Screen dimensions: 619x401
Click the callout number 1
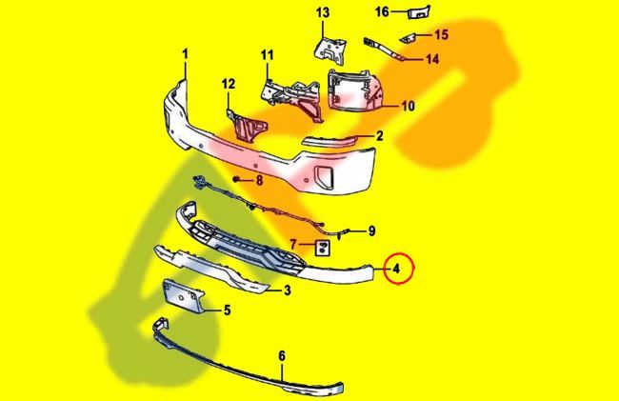coord(186,54)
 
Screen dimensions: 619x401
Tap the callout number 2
coord(379,136)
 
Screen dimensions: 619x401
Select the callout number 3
coord(287,291)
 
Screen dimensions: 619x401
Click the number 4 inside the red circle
coord(396,269)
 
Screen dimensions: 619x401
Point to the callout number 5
coord(227,311)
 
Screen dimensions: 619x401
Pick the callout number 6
coord(282,356)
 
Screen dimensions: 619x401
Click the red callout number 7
coord(293,245)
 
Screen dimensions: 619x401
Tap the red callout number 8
coord(259,181)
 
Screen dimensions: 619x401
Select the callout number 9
coord(371,231)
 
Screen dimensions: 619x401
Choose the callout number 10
coord(409,106)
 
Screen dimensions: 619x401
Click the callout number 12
coord(229,84)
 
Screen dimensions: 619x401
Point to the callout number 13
coord(323,12)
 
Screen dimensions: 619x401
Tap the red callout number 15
coord(442,34)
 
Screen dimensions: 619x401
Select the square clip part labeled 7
coord(323,248)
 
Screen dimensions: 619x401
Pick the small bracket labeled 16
coord(418,12)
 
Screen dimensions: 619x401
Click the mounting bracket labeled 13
coord(329,49)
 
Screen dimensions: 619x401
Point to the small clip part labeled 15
coord(409,38)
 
